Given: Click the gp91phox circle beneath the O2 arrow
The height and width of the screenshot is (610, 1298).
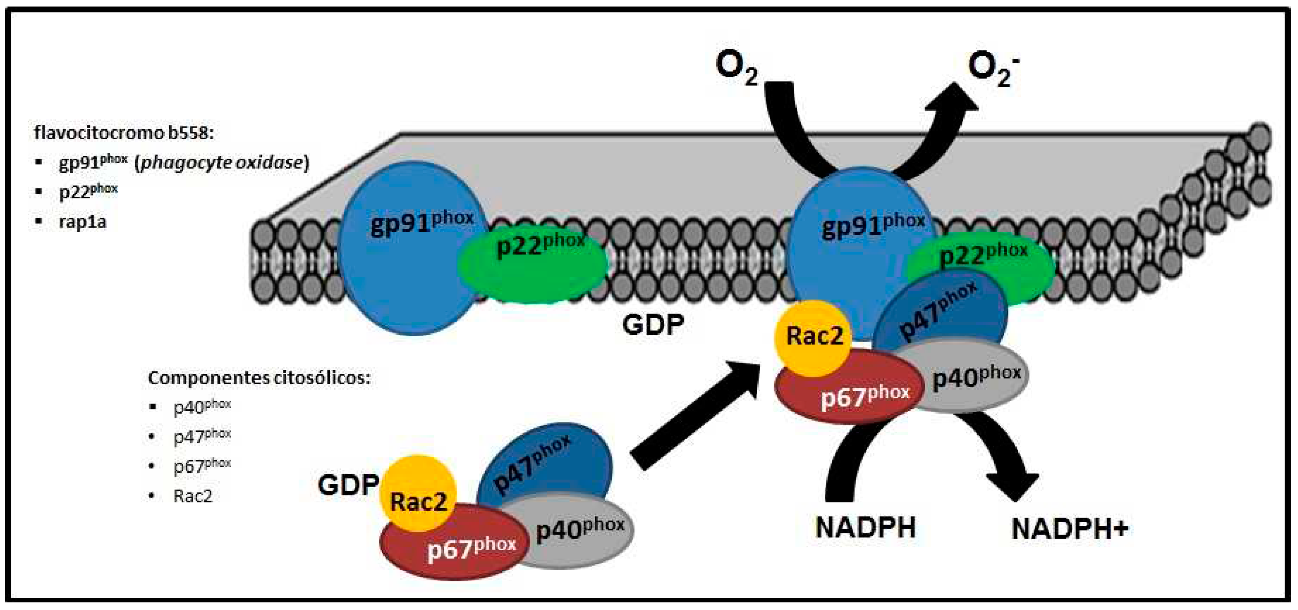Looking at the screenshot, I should tap(857, 232).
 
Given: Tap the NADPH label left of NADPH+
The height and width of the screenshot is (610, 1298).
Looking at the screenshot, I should tap(865, 528).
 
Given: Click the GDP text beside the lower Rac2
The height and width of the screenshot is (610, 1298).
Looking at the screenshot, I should tap(348, 485).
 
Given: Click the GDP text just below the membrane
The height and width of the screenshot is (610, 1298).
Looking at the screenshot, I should tap(653, 325).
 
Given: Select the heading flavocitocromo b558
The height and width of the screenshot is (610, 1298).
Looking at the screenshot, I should tap(124, 133).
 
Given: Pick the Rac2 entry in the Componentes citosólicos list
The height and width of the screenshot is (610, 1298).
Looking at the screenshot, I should tap(193, 496).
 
